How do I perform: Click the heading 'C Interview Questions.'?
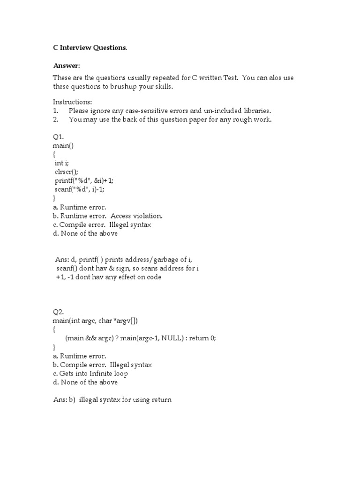(x=90, y=48)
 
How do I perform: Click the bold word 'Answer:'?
(x=66, y=66)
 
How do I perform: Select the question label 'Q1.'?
(x=58, y=137)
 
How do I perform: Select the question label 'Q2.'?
(x=58, y=312)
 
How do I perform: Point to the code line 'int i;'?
(x=62, y=163)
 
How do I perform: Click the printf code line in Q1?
(x=84, y=180)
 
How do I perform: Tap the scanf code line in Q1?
(x=84, y=189)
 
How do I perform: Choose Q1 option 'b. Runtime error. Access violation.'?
(x=107, y=216)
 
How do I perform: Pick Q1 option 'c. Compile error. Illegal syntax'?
(x=102, y=225)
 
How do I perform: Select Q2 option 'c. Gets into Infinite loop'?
(x=90, y=374)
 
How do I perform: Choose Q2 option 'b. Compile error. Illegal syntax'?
(x=102, y=365)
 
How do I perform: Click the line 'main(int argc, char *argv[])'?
(x=96, y=321)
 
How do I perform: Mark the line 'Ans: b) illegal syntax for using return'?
(x=112, y=400)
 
